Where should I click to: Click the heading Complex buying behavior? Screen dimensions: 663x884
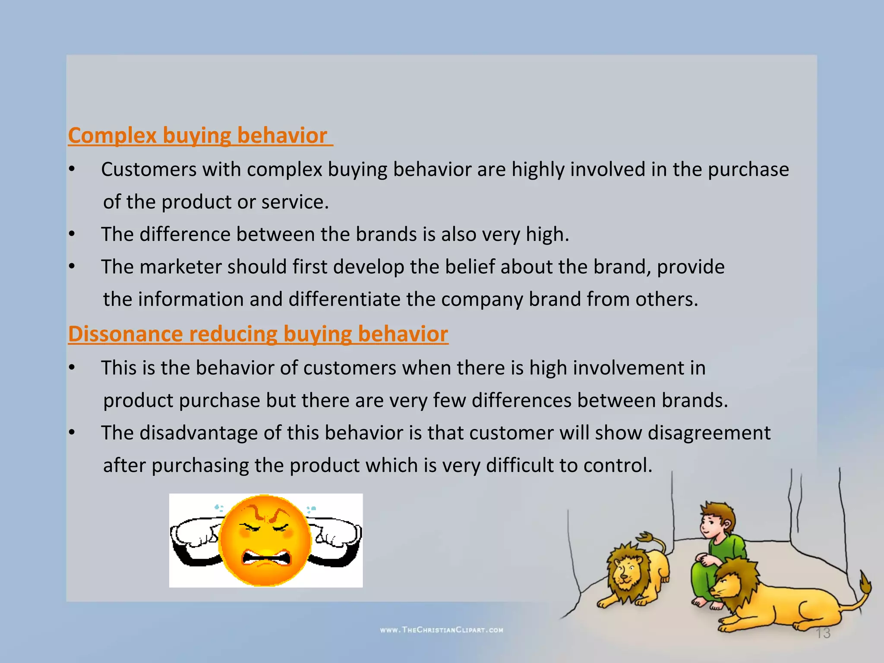(x=198, y=136)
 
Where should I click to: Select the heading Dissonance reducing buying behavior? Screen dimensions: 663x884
(x=258, y=334)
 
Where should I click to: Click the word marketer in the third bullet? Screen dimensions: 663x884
(x=180, y=267)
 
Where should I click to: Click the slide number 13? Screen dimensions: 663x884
(x=823, y=633)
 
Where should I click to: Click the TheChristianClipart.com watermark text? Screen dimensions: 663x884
(x=442, y=630)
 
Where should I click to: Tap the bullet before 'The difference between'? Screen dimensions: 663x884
(x=72, y=234)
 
